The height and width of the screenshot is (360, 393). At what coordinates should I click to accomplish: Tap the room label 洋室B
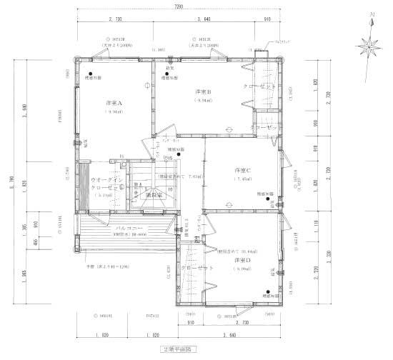point(204,92)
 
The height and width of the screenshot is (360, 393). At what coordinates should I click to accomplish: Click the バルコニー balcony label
point(107,228)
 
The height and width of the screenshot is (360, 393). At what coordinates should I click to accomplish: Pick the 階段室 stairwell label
point(155,194)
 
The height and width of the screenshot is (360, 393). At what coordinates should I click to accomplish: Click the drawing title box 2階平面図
point(179,350)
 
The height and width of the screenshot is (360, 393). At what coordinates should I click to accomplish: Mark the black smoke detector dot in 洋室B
point(167,74)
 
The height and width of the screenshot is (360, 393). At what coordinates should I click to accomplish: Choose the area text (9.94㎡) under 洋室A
point(114,111)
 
